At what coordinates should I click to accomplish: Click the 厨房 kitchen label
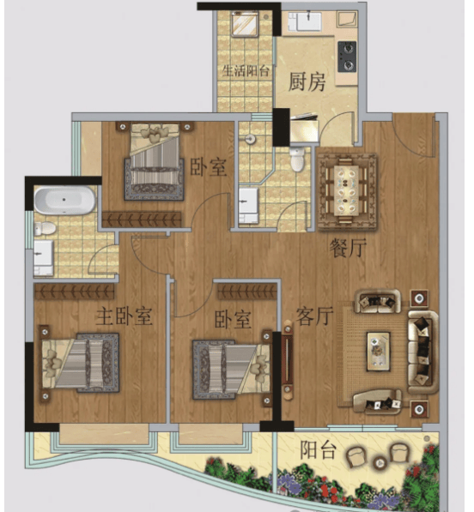[307, 82]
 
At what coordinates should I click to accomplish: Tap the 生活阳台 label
[246, 71]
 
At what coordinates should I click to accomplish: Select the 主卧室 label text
[124, 316]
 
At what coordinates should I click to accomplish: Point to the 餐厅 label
[348, 248]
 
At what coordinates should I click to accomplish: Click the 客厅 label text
[314, 316]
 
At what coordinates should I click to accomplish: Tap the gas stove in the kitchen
[347, 56]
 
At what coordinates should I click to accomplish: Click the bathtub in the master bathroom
[64, 200]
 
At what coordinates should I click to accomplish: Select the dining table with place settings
[348, 191]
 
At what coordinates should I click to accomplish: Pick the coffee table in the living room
[378, 352]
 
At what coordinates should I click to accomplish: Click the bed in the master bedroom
[80, 363]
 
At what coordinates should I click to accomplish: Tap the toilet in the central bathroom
[297, 159]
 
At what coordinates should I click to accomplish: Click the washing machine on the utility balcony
[246, 23]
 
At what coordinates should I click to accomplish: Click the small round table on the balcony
[380, 462]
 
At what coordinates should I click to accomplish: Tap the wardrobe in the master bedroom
[75, 292]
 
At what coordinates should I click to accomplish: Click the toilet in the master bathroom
[45, 228]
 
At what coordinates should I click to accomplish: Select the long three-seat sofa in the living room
[423, 352]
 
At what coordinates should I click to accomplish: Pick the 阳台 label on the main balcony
[319, 450]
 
